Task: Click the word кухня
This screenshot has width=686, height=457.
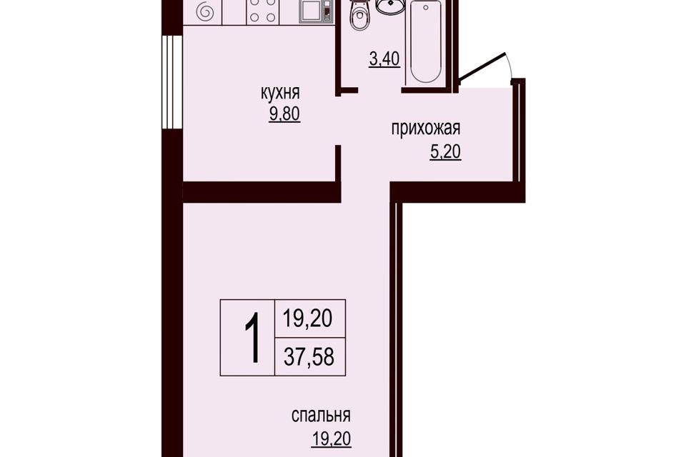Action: tap(280, 94)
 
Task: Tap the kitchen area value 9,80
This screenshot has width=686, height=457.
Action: tap(284, 114)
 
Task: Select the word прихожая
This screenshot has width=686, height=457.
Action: tap(426, 129)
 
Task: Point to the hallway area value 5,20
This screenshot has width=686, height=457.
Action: tap(446, 152)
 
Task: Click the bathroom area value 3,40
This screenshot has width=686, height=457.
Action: tap(384, 59)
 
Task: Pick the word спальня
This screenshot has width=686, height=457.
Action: tap(321, 416)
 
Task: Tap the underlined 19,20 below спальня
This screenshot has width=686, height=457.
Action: tap(331, 438)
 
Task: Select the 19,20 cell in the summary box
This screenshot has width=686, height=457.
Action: tap(309, 318)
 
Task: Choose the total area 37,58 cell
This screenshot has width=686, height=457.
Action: tap(309, 356)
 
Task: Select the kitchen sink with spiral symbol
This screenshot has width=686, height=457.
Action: tap(204, 11)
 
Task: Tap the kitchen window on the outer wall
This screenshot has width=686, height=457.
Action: tap(171, 82)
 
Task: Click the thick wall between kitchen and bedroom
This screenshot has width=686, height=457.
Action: tap(262, 191)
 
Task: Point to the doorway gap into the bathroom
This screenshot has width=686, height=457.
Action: tap(379, 90)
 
